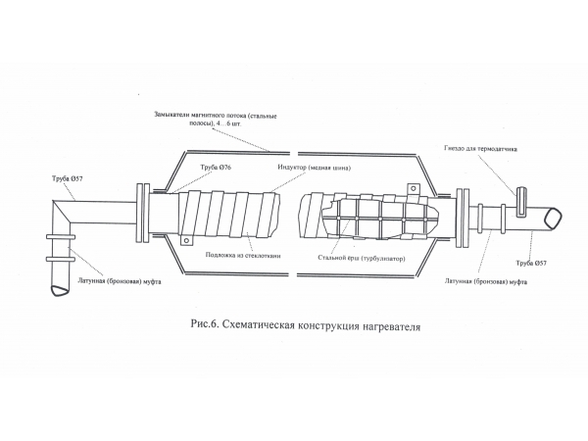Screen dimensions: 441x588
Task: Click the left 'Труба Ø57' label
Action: [67, 179]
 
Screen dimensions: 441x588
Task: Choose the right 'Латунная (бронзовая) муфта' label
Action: [481, 283]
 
